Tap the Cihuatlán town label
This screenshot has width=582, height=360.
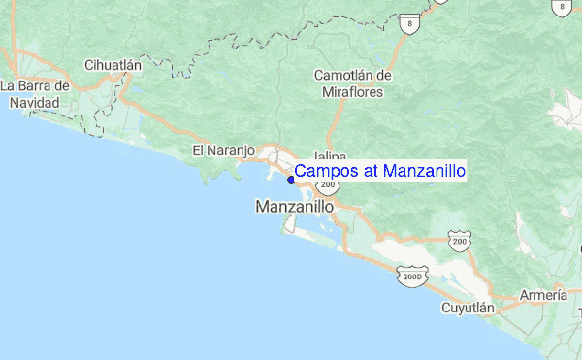click(113, 65)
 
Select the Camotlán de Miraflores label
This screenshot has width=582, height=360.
click(353, 83)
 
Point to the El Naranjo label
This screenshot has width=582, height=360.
click(223, 150)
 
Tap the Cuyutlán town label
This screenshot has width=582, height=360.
click(469, 308)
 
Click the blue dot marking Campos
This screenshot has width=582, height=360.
click(291, 180)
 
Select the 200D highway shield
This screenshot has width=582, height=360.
click(410, 277)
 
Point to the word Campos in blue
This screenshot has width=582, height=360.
click(325, 172)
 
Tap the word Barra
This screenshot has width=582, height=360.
click(34, 84)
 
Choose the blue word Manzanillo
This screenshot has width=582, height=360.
click(425, 172)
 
